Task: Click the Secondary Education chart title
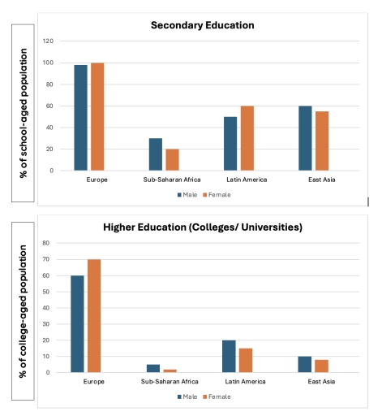tap(203, 25)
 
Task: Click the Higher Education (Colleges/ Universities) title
tap(204, 227)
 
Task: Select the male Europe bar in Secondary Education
tap(81, 118)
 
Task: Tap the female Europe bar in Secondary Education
tap(97, 117)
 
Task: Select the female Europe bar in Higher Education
tap(94, 316)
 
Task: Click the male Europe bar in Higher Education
tap(77, 324)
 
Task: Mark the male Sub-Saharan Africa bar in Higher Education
tap(153, 369)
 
